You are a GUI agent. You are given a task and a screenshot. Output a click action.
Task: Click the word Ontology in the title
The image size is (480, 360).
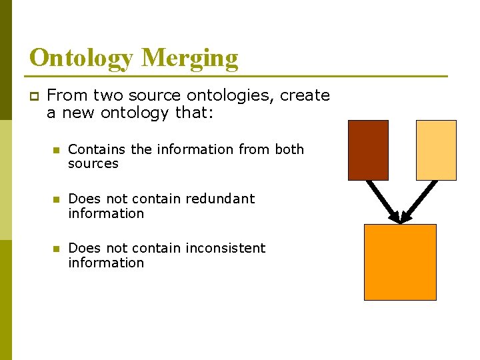(82, 58)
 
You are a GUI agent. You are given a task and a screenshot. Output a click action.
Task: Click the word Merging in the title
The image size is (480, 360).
(189, 58)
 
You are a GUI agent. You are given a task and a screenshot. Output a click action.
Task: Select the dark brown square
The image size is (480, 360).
(368, 150)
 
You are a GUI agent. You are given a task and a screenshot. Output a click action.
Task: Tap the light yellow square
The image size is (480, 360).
(436, 150)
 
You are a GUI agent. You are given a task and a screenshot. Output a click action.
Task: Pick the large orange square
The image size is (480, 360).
(400, 262)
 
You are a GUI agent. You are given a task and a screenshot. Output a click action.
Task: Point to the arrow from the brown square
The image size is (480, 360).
(382, 200)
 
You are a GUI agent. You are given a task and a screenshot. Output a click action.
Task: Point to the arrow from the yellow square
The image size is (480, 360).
(419, 200)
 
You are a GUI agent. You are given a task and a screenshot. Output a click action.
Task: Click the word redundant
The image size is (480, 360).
(220, 199)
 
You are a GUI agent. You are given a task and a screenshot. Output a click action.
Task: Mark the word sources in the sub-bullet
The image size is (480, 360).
(93, 164)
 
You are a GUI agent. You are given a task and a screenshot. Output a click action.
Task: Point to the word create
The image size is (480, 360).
(305, 95)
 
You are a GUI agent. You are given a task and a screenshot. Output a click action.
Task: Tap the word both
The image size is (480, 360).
(289, 149)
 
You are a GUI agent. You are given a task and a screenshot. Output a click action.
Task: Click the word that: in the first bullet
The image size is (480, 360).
(194, 113)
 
